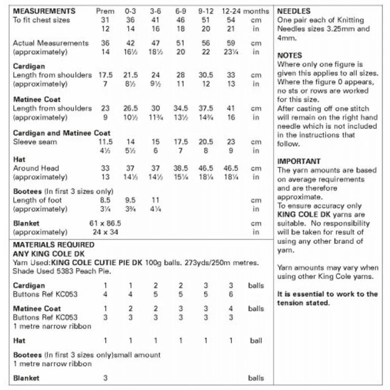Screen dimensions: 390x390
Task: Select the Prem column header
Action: (x=105, y=11)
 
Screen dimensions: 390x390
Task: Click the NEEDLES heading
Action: (x=293, y=11)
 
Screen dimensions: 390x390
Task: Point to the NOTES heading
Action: (x=290, y=56)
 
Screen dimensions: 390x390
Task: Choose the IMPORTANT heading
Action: (x=298, y=161)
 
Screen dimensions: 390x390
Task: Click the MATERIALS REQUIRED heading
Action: (x=54, y=245)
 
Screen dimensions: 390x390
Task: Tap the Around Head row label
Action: (x=37, y=168)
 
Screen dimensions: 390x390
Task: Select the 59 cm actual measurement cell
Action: (x=231, y=43)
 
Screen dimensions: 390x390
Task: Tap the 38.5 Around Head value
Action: (x=181, y=168)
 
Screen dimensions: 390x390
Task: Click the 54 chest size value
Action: (x=231, y=20)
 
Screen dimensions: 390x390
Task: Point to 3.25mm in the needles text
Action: (x=341, y=29)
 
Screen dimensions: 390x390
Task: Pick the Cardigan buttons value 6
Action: (x=231, y=294)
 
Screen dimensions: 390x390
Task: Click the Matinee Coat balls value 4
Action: (x=231, y=309)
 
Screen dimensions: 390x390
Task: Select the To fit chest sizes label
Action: (x=41, y=20)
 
